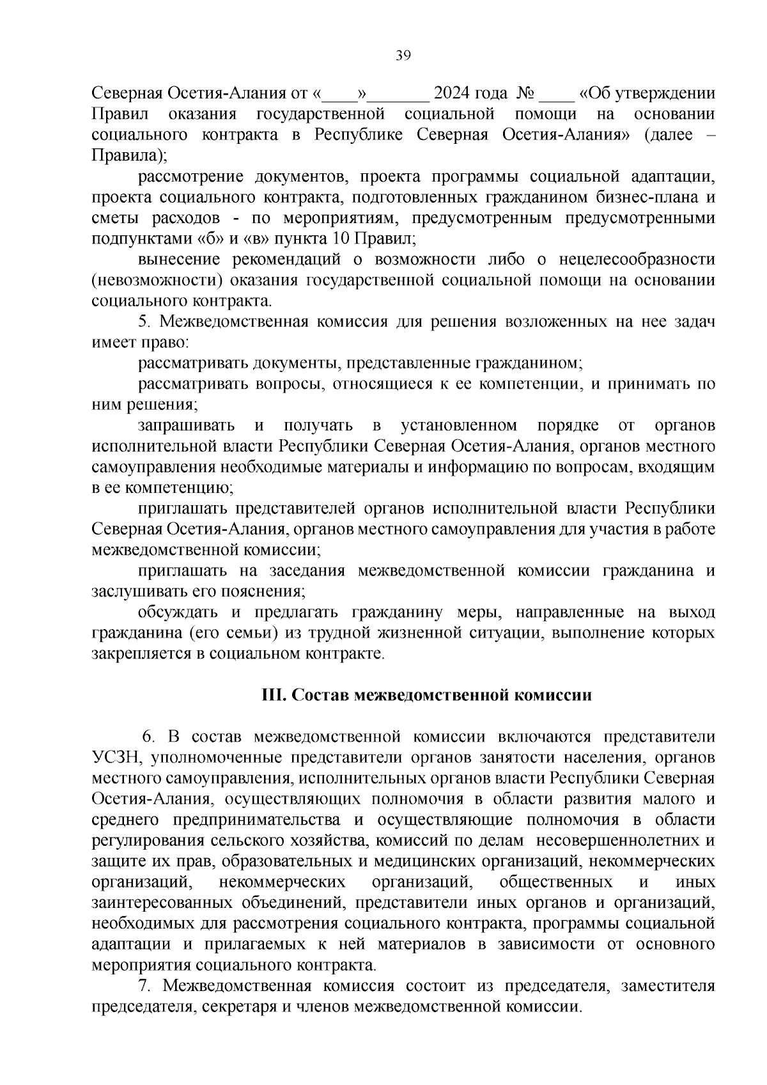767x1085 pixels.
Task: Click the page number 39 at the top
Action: (x=403, y=56)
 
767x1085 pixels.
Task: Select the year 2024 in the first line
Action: (x=453, y=94)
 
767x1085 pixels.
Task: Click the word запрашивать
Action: (x=186, y=426)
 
